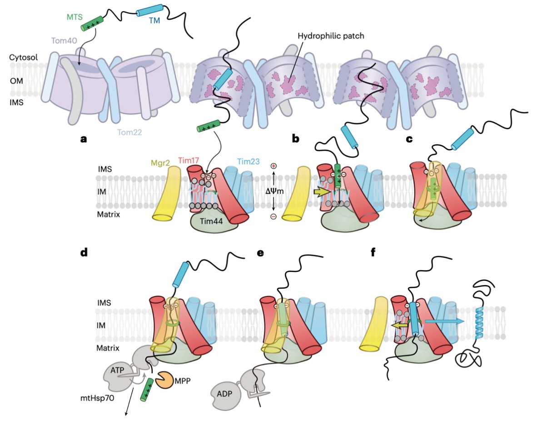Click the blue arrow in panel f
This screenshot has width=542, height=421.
(x=444, y=321)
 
